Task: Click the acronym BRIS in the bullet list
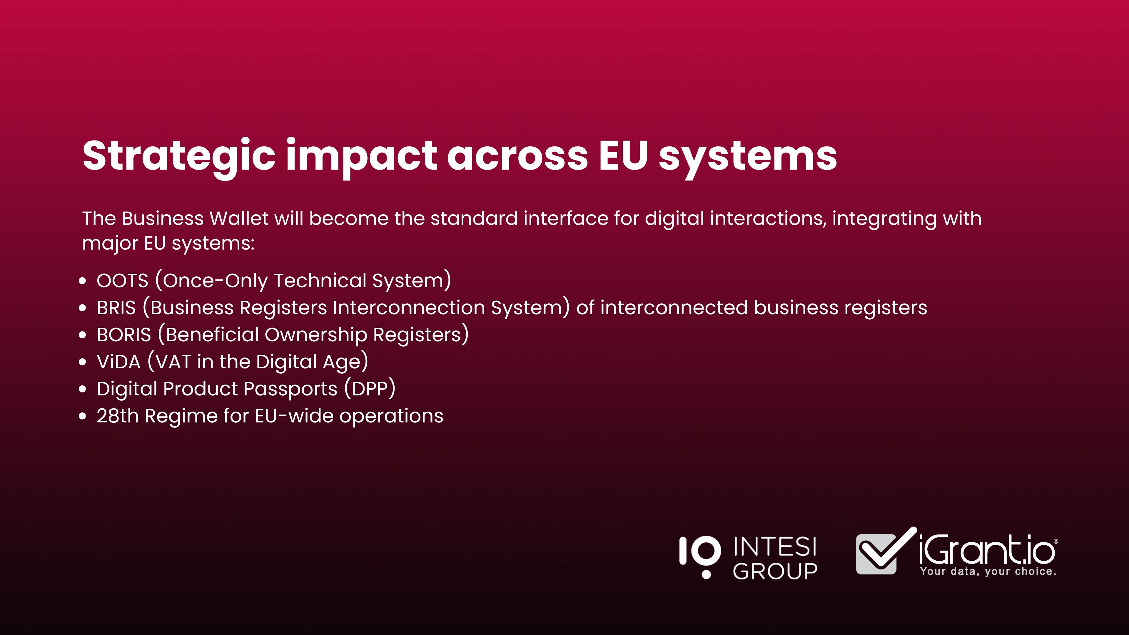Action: coord(116,308)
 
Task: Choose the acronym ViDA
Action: coord(118,362)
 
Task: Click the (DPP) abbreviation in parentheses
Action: coord(370,389)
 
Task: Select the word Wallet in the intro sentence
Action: coord(239,218)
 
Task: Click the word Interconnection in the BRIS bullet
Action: coord(408,308)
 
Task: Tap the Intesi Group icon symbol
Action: coord(700,557)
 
